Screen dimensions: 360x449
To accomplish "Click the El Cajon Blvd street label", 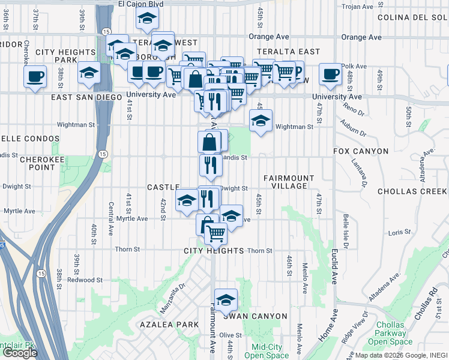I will [x=140, y=4].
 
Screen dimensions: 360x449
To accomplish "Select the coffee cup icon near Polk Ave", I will [x=330, y=74].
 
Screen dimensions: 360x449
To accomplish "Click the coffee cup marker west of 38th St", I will [x=35, y=76].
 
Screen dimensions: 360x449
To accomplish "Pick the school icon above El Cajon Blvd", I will [x=146, y=19].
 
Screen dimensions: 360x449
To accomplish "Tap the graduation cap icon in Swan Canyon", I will [x=226, y=300].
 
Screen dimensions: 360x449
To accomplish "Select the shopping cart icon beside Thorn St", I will [x=215, y=233].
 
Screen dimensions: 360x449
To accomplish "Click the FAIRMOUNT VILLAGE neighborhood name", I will [x=289, y=182].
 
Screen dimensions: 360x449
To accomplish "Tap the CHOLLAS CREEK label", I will [x=412, y=192].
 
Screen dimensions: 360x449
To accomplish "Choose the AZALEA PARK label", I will [x=160, y=325].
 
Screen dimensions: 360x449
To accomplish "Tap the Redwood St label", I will [x=81, y=280].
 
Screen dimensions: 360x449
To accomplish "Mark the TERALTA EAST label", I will [x=288, y=52].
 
